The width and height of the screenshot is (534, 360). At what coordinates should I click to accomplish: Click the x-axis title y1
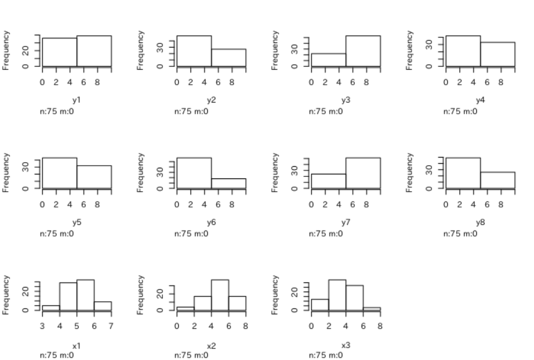point(76,100)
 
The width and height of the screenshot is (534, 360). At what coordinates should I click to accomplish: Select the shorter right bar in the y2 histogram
point(228,58)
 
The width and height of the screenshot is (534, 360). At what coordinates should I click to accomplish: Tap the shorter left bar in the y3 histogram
point(328,60)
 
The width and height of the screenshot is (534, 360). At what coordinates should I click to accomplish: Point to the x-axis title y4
point(480,100)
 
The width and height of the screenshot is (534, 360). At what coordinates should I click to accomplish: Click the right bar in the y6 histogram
point(228,184)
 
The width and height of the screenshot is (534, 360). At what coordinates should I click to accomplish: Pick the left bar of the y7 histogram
point(328,182)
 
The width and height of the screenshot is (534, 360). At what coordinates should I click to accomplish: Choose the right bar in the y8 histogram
point(497,181)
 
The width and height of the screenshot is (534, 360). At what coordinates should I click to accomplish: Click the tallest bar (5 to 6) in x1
point(85,295)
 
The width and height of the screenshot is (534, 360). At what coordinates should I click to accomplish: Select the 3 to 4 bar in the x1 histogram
point(51,308)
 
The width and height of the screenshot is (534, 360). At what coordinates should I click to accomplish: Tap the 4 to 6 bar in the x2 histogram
point(220,295)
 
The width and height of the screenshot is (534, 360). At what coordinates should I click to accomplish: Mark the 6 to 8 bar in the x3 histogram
point(371,309)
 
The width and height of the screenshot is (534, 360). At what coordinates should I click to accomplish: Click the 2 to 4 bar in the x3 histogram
point(337,295)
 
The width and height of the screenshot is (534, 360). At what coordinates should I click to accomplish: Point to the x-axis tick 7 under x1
point(111,325)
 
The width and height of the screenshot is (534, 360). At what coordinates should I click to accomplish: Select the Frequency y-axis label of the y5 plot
point(7,171)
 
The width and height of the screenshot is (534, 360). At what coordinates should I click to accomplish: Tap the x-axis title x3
point(345,345)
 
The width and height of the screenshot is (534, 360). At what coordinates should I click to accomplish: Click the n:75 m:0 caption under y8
point(460,234)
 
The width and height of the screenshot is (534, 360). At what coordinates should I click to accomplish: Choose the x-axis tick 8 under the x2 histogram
point(246,325)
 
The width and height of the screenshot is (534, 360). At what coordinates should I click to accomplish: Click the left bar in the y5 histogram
point(60,173)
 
